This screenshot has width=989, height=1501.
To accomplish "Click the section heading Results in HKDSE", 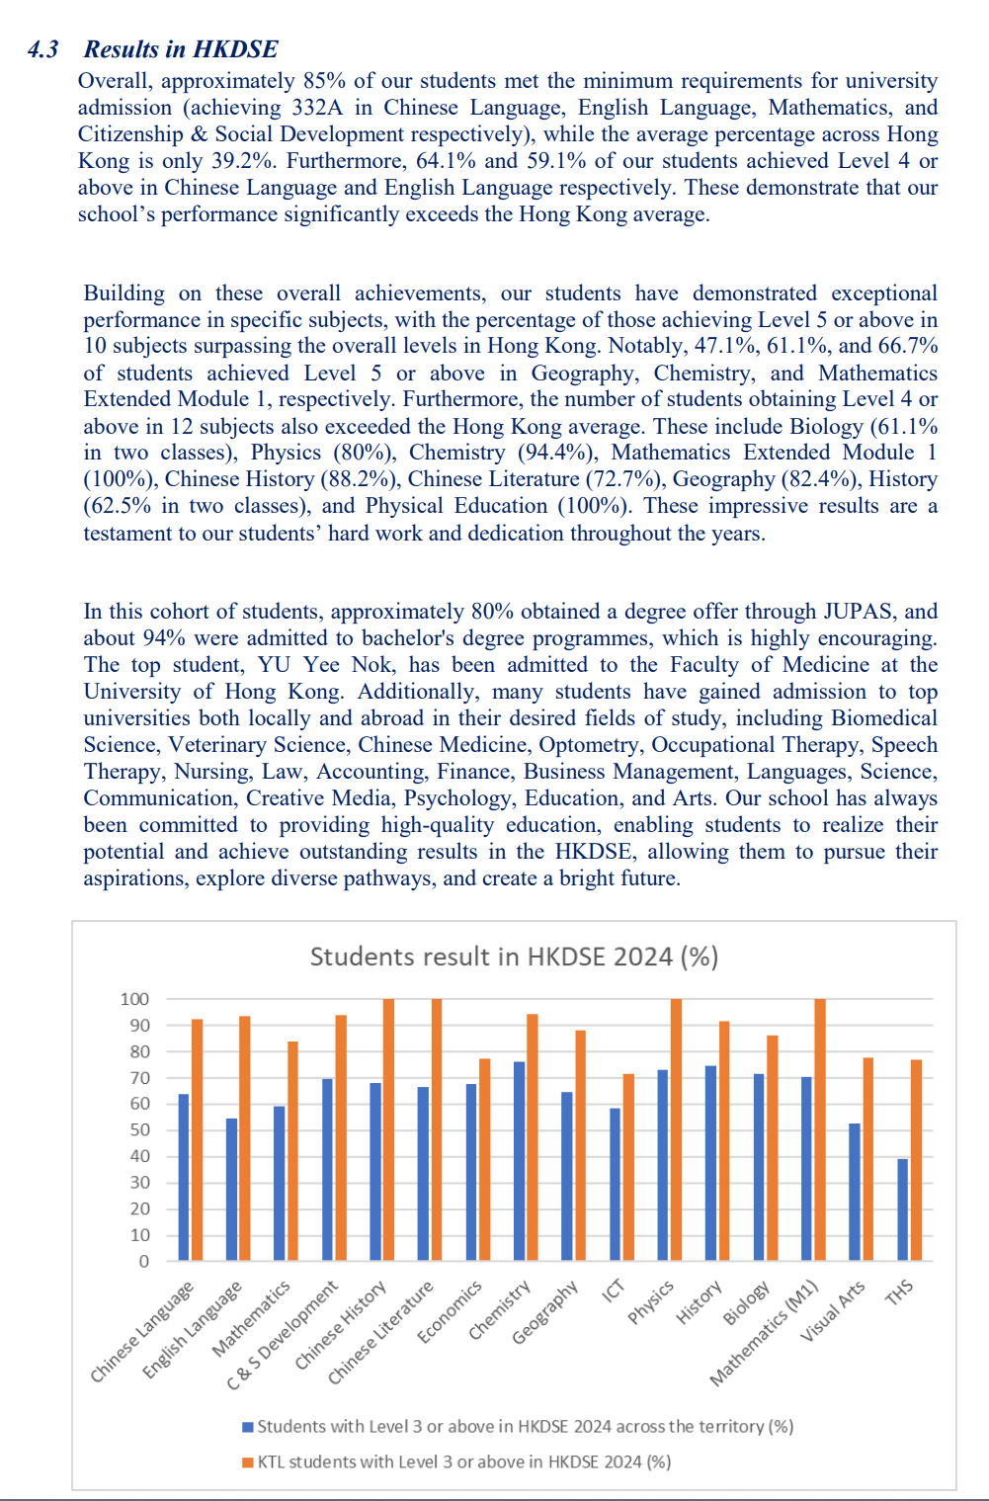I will click(x=181, y=49).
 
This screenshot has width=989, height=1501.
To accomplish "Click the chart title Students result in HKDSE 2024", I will click(x=514, y=957).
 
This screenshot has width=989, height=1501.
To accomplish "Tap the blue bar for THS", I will click(x=902, y=1209).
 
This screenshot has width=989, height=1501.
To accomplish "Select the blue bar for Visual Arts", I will click(x=855, y=1192).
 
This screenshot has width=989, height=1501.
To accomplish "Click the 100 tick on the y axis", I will click(x=134, y=999).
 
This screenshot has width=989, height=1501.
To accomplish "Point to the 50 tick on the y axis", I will click(x=139, y=1129).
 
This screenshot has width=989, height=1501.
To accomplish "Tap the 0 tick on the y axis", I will click(x=144, y=1261).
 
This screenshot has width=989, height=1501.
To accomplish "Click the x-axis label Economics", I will click(x=450, y=1312).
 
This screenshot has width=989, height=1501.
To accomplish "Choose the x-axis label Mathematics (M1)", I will click(x=765, y=1333).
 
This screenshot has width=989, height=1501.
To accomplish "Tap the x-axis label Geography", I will click(x=544, y=1313).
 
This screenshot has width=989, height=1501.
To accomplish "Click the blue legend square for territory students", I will click(x=248, y=1427).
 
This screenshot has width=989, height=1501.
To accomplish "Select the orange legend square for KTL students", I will click(x=248, y=1462).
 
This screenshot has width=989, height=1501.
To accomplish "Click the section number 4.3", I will click(x=43, y=49).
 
